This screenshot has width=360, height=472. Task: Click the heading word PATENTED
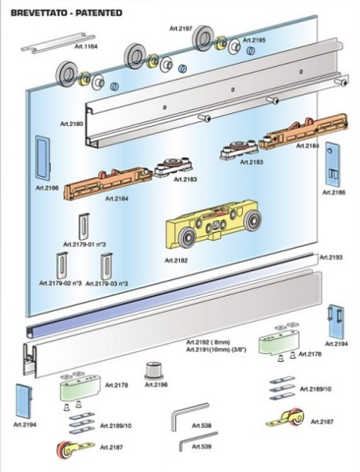pos(99,13)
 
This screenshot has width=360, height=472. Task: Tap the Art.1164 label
pos(86,47)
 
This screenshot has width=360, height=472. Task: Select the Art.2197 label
pos(181,29)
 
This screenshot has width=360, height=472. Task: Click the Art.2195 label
pos(254,40)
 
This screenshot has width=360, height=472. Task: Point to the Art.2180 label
pos(72,124)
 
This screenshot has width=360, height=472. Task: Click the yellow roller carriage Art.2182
pos(213,223)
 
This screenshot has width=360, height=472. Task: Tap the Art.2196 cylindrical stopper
pos(154,371)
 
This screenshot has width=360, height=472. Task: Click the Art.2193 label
pos(331,258)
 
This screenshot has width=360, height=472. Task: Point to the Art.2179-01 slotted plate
pos(84,226)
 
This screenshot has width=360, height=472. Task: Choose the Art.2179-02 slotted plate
pos(61,265)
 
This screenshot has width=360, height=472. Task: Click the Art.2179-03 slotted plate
pos(107,266)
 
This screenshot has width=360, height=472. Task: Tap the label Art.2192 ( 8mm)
pos(208,342)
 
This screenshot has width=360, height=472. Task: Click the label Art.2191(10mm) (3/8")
pos(217,349)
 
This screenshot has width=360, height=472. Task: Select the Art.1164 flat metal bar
pos(58,43)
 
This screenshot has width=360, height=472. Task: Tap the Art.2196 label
pos(156,385)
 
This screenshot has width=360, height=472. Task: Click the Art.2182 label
pos(176,261)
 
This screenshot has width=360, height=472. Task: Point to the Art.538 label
pos(202,426)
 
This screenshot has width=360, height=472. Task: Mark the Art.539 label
pos(202,446)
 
